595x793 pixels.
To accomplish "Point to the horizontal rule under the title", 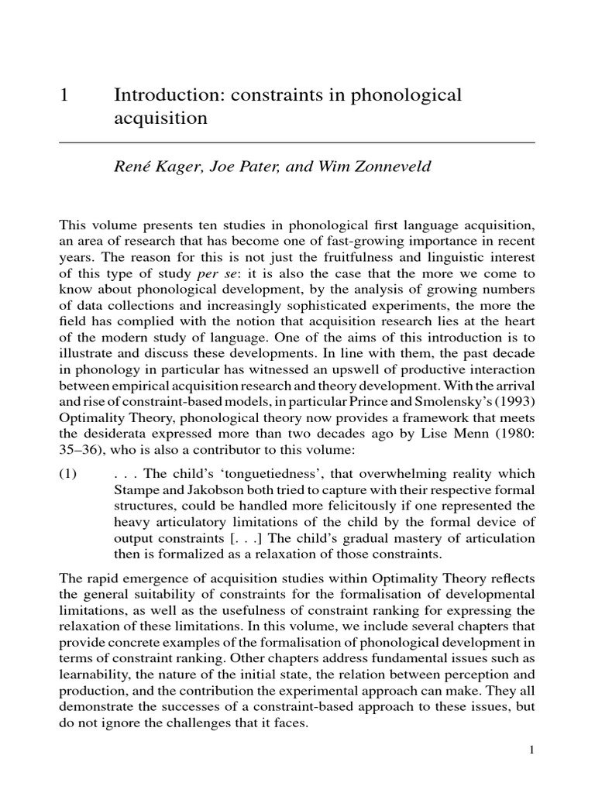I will tap(297, 143).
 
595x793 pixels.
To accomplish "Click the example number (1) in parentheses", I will tap(70, 473).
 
